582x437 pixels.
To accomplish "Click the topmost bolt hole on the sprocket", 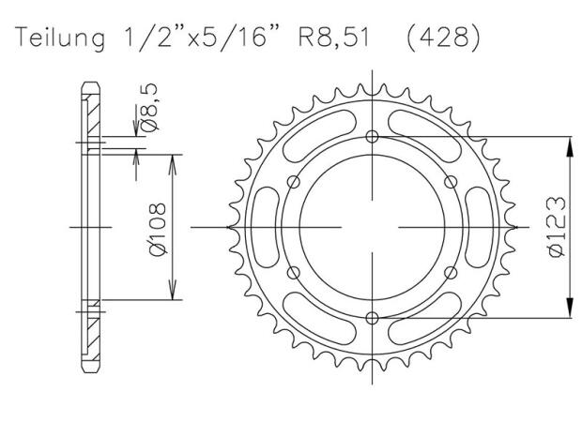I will (x=373, y=137).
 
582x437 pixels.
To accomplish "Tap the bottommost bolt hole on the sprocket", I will (x=373, y=317).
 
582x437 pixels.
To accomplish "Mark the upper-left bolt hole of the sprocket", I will (x=295, y=182).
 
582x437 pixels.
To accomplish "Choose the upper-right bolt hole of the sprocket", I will (x=451, y=182).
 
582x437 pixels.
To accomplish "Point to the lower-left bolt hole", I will (x=295, y=272).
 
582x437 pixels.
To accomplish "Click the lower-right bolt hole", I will (x=451, y=272).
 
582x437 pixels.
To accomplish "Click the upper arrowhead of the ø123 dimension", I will (x=568, y=143).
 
